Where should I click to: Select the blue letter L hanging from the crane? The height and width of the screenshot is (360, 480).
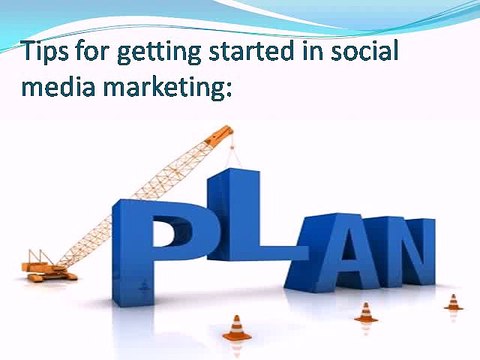pyautogui.click(x=245, y=215)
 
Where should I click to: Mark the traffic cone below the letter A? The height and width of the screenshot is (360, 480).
pyautogui.click(x=365, y=312)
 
